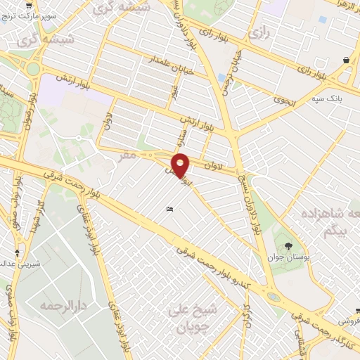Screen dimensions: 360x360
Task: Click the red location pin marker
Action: click(181, 165)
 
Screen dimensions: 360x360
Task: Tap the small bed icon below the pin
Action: click(169, 209)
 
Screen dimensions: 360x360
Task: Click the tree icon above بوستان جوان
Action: click(289, 245)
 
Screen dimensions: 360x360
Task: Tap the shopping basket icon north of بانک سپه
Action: click(347, 61)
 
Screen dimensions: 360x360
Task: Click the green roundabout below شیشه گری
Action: click(32, 69)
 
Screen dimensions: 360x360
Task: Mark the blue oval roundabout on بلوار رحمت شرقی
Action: click(273, 297)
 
